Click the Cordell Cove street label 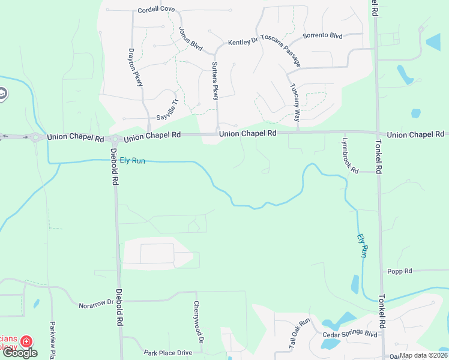156,10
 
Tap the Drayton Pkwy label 136,67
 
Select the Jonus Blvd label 190,37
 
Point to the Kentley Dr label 243,43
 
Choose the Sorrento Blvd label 322,36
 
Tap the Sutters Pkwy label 214,80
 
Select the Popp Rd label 399,271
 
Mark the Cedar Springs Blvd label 349,334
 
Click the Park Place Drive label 168,353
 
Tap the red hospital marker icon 26,341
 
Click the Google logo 19,353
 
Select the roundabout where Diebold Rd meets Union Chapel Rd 115,139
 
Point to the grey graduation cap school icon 2,93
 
